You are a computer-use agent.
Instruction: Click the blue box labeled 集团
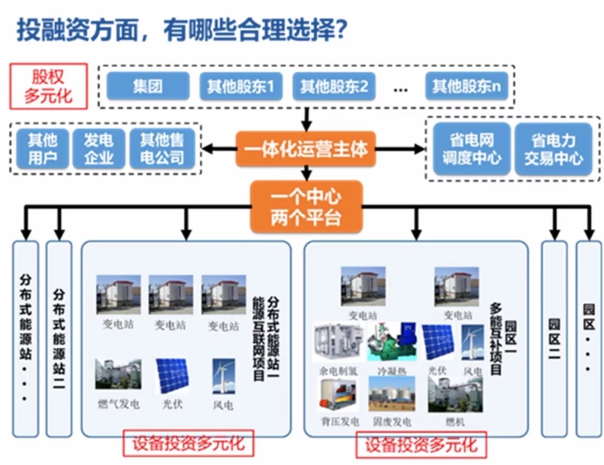click(x=148, y=86)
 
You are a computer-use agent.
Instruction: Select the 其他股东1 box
click(x=241, y=86)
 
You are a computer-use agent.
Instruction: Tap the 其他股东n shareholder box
click(x=466, y=86)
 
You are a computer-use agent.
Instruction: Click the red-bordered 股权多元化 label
click(x=49, y=86)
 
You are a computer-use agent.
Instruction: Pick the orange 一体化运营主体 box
click(x=306, y=149)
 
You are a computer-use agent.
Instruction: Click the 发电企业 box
click(x=99, y=149)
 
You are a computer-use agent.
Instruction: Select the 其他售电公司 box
click(x=163, y=149)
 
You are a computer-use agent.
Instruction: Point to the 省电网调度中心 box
click(x=471, y=149)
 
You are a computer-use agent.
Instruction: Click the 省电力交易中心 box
click(x=553, y=149)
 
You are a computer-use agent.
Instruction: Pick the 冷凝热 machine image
click(x=392, y=341)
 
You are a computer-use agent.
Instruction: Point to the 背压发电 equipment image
click(x=337, y=394)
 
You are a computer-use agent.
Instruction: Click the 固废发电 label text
click(x=391, y=421)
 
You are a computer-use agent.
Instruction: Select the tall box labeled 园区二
click(x=554, y=339)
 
